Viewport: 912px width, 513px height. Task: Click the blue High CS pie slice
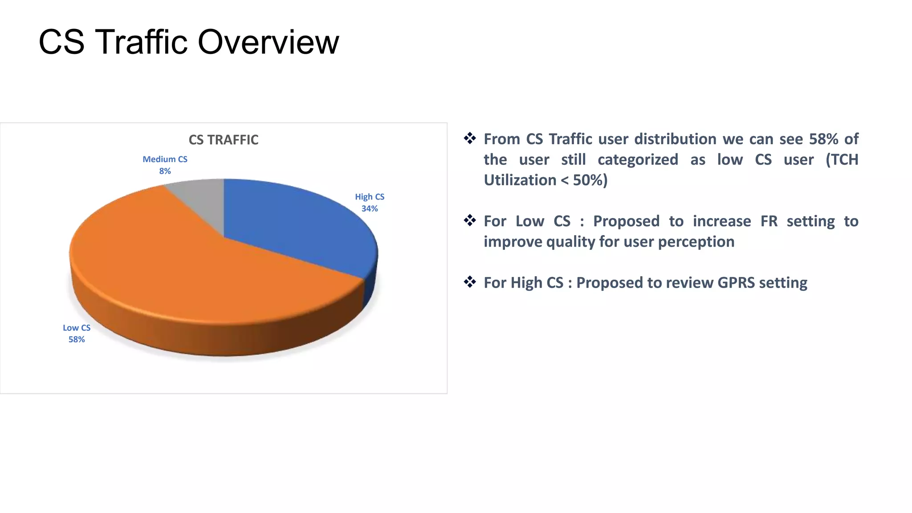[294, 227]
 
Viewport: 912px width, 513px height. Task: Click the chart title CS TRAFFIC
[224, 140]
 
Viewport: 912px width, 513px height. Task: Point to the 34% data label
[370, 208]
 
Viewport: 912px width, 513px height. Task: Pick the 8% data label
[165, 171]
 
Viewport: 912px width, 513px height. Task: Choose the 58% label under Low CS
[77, 339]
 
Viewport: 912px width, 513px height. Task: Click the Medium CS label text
[165, 159]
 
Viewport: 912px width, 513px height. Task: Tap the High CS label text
[370, 197]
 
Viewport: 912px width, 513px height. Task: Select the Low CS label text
[77, 328]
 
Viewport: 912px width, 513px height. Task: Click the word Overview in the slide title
[268, 42]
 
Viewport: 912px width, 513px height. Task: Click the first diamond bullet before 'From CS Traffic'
[470, 138]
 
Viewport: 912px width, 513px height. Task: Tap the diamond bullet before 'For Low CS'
[470, 220]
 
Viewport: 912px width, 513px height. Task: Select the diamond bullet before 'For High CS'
[470, 281]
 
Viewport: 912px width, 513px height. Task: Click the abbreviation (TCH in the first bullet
[842, 159]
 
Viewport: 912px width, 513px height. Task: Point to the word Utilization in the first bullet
[520, 180]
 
